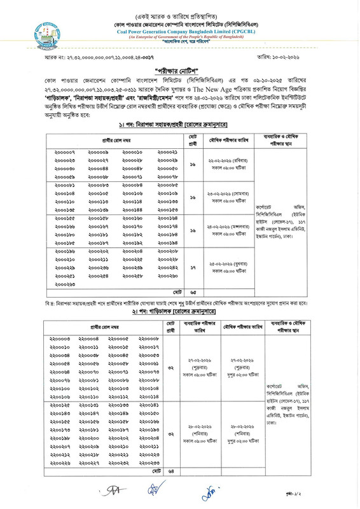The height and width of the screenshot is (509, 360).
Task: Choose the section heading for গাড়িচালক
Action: point(179,314)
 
